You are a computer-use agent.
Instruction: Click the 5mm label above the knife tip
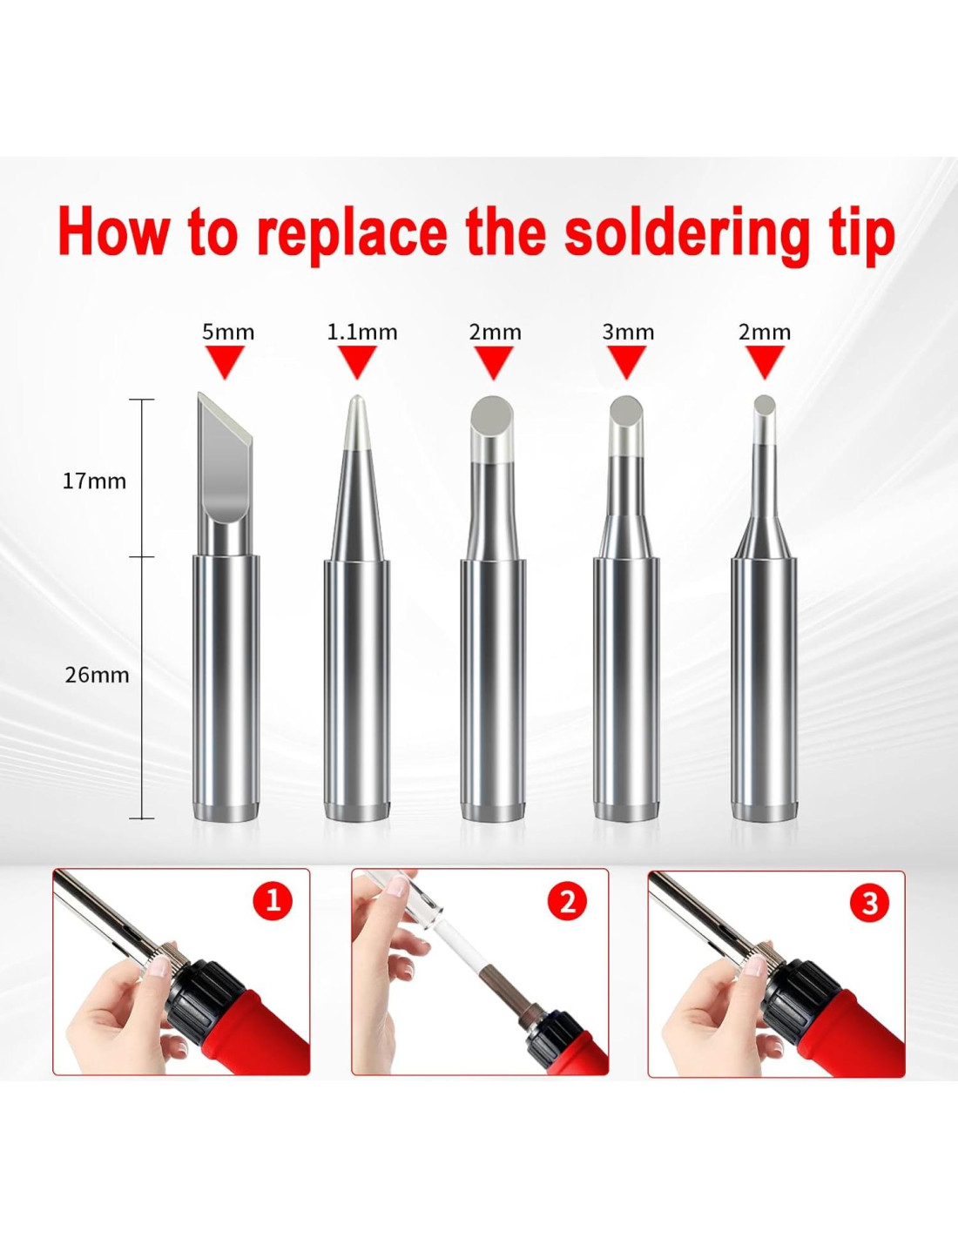click(x=228, y=333)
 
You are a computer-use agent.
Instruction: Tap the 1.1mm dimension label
click(x=362, y=333)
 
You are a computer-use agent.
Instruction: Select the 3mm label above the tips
click(x=628, y=333)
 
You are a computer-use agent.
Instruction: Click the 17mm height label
click(x=94, y=481)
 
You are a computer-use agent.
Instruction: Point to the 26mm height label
click(x=97, y=676)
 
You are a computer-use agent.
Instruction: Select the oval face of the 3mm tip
click(x=625, y=413)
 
